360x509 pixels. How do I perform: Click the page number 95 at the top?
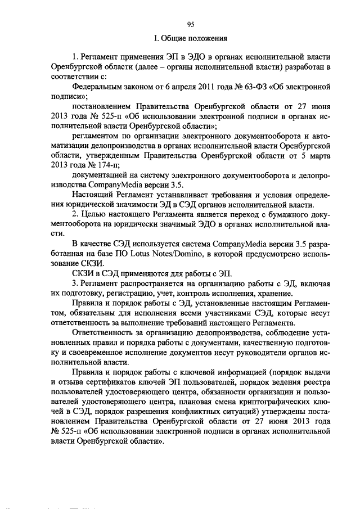click(x=190, y=24)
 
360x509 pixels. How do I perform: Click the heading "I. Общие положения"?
click(x=190, y=39)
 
